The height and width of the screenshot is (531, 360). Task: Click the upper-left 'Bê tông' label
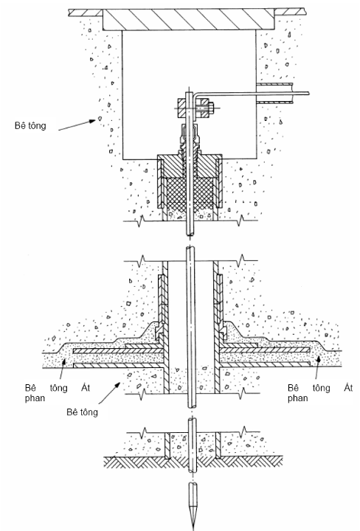coord(30,125)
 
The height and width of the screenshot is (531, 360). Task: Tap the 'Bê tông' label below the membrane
coord(83,412)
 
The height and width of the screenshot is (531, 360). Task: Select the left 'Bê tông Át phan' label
coord(58,393)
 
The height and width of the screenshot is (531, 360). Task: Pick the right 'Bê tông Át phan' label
coord(320,393)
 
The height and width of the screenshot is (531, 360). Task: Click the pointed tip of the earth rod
coord(193,529)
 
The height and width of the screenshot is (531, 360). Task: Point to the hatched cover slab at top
coord(188,20)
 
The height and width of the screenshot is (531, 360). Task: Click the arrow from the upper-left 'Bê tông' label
coord(77,125)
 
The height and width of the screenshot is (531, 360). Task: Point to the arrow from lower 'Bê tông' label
coord(109,393)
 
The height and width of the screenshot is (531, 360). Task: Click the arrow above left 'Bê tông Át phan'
coord(62,369)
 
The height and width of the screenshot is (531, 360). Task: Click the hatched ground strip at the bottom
coord(193,462)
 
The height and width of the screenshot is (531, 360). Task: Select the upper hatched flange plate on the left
coord(119,350)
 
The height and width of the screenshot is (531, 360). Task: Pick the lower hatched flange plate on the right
coord(265,364)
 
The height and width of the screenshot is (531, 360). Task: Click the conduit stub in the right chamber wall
coord(274,93)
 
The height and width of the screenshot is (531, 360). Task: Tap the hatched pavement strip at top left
coord(86,13)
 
